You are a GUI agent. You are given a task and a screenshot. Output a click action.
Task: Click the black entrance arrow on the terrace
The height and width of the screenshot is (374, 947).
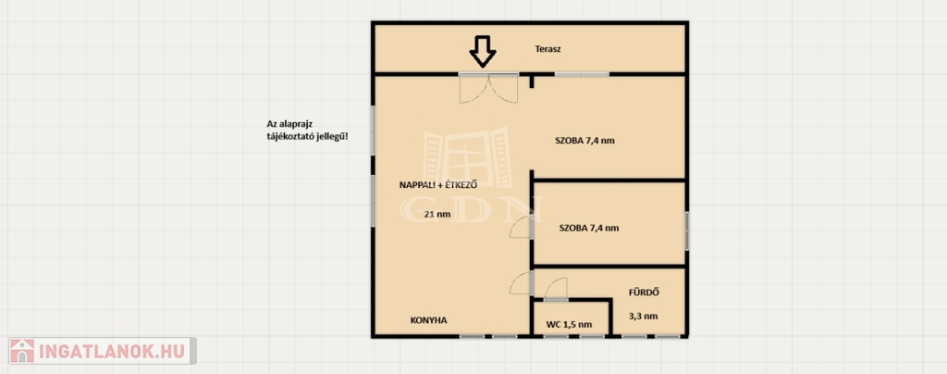[x=483, y=51]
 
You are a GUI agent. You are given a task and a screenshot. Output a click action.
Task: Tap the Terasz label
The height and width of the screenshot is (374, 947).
[x=547, y=50]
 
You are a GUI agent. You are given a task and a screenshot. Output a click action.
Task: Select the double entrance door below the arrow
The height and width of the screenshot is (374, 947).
[x=488, y=89]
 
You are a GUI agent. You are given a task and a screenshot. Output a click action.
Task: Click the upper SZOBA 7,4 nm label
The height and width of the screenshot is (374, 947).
[x=584, y=142]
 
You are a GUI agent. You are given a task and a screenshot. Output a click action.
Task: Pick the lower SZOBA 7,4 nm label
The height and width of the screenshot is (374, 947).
[x=589, y=229]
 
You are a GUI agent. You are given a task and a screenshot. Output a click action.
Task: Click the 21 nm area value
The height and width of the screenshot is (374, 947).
[x=437, y=213]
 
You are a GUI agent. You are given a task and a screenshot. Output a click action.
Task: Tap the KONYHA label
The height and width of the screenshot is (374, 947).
[x=428, y=320]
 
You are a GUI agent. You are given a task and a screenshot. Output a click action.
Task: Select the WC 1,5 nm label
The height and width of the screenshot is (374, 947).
[x=569, y=324]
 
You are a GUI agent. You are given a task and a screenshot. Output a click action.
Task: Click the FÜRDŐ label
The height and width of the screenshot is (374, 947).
[x=644, y=293]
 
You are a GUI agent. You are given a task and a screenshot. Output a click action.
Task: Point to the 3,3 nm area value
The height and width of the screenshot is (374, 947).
[x=644, y=316]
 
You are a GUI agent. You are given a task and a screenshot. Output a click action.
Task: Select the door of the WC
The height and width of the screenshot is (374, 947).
[x=555, y=289]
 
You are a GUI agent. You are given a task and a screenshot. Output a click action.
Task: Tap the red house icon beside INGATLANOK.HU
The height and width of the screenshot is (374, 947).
[x=22, y=351]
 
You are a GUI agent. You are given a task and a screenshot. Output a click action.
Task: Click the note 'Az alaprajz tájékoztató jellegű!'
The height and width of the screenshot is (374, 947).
[x=307, y=131]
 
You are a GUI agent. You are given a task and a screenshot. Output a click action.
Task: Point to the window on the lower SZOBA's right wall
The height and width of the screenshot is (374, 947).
[x=686, y=230]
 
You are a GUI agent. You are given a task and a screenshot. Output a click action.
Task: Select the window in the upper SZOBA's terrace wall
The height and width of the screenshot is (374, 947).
[x=582, y=74]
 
